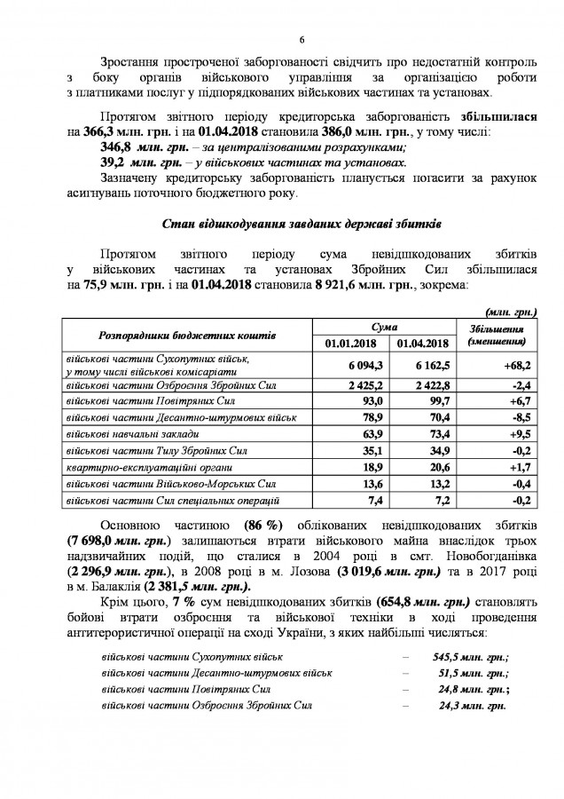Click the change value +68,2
click(511, 365)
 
